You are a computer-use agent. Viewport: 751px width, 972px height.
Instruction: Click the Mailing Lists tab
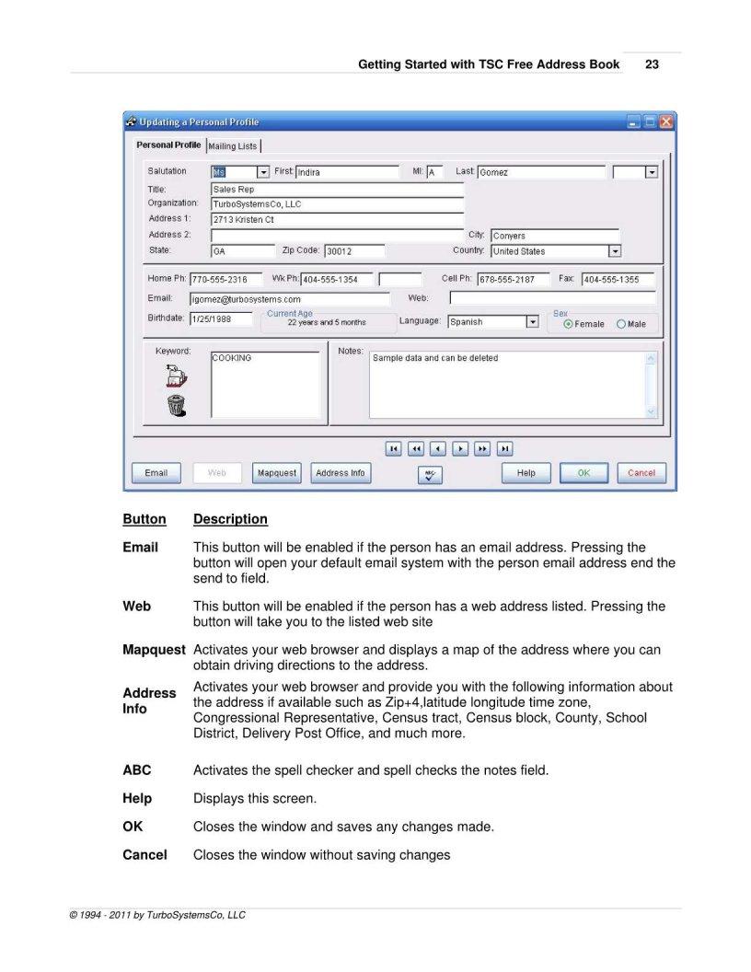(x=233, y=146)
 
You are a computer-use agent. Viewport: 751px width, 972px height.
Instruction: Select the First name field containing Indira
(x=346, y=172)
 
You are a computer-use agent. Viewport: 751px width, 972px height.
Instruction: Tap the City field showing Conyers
(x=554, y=236)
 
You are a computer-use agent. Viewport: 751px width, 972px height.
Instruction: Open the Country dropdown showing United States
(x=614, y=251)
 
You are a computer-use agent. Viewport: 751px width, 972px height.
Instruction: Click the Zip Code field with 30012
(x=353, y=251)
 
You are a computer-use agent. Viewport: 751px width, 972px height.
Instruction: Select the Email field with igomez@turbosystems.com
(x=290, y=299)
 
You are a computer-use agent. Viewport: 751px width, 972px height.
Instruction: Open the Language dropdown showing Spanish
(x=531, y=322)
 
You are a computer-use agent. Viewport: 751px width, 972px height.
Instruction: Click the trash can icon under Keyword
(x=175, y=406)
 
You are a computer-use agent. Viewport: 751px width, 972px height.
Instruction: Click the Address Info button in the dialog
(x=340, y=473)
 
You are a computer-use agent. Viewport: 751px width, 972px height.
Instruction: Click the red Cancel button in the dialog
(x=641, y=473)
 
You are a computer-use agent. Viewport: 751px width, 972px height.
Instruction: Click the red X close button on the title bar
(x=665, y=121)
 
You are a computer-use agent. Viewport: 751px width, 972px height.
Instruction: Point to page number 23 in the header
(x=652, y=65)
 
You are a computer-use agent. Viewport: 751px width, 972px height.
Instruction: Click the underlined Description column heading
(x=230, y=519)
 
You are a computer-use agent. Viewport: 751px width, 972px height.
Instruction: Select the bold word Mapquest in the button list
(x=154, y=650)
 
